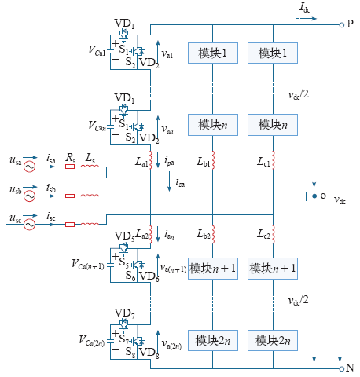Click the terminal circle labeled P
[x=341, y=25]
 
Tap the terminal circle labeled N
[x=341, y=369]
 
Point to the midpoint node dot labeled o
[x=314, y=196]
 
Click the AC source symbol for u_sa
[x=29, y=167]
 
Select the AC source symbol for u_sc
[x=29, y=225]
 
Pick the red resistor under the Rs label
[x=70, y=167]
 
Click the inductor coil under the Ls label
[x=90, y=166]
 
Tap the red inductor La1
[x=151, y=159]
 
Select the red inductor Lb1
[x=213, y=159]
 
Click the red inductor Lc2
[x=274, y=234]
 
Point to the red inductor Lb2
[x=213, y=234]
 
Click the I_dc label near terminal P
[x=304, y=8]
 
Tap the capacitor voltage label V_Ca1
[x=97, y=50]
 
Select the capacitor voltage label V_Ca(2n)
[x=92, y=341]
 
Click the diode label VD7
[x=125, y=313]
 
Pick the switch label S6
[x=130, y=276]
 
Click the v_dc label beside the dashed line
[x=340, y=200]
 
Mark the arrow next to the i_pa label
[x=158, y=159]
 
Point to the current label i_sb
[x=51, y=188]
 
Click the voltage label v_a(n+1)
[x=173, y=268]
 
